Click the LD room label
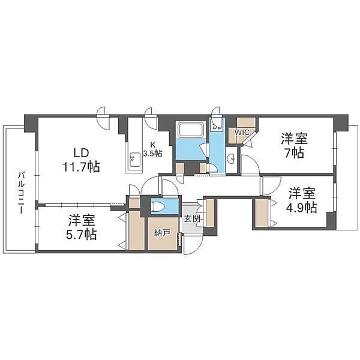[x=81, y=152]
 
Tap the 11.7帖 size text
[x=81, y=167]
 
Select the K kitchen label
[x=152, y=145]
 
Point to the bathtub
[x=190, y=130]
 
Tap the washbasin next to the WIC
[x=232, y=158]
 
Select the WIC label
[x=242, y=133]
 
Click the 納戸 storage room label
[x=162, y=233]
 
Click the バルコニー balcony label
[x=22, y=193]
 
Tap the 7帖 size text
[x=295, y=153]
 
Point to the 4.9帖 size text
[x=301, y=208]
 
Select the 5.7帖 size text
[x=81, y=235]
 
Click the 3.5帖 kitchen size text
[x=152, y=154]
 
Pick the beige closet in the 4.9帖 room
[x=262, y=213]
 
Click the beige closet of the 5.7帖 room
[x=137, y=230]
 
